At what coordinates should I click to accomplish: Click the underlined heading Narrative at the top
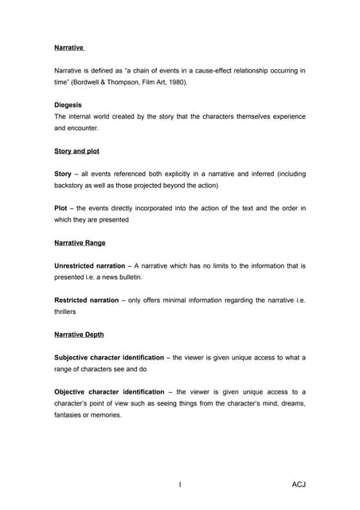point(69,48)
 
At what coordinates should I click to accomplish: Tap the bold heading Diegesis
point(68,104)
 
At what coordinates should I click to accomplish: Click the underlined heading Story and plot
point(76,151)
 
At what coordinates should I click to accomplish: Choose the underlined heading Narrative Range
point(80,242)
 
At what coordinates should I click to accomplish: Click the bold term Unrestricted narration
point(89,265)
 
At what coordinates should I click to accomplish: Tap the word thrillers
point(66,312)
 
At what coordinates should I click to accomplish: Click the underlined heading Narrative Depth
point(79,334)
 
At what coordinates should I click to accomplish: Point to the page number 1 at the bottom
point(182,484)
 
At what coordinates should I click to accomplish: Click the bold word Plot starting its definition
point(61,208)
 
